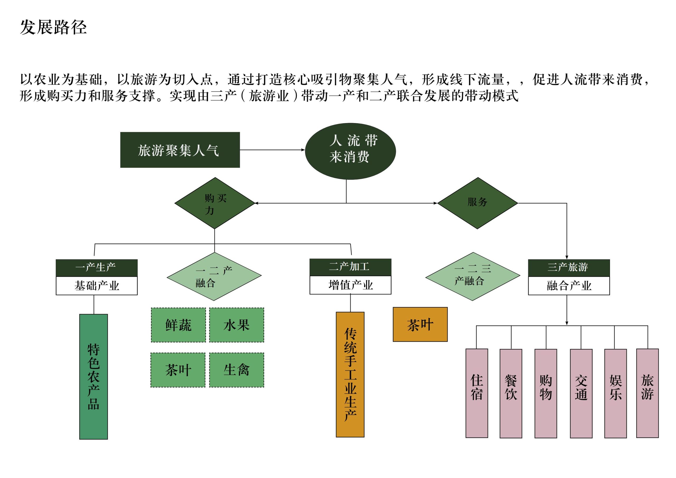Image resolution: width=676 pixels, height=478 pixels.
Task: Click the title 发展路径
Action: pyautogui.click(x=53, y=27)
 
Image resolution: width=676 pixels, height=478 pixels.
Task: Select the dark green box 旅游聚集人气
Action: pyautogui.click(x=180, y=150)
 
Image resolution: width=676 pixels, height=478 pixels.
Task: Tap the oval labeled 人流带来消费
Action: pyautogui.click(x=350, y=151)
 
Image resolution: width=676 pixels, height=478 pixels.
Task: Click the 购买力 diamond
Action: pyautogui.click(x=215, y=203)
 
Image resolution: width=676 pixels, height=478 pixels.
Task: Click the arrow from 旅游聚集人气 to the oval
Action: pyautogui.click(x=272, y=150)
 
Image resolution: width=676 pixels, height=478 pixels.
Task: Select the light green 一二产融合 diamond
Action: pyautogui.click(x=214, y=276)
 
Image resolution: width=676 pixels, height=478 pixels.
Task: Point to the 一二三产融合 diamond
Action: pyautogui.click(x=473, y=276)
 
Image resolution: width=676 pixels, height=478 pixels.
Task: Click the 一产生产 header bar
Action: pyautogui.click(x=97, y=268)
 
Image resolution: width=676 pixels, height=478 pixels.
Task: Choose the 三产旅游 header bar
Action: pyautogui.click(x=569, y=268)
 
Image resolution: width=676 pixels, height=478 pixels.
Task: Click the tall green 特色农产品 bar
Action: pyautogui.click(x=94, y=377)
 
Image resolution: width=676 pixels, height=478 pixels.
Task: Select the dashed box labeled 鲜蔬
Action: pyautogui.click(x=179, y=325)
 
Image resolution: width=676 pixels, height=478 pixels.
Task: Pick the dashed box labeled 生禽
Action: pyautogui.click(x=236, y=370)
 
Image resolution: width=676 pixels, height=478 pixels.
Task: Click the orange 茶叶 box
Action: pyautogui.click(x=420, y=325)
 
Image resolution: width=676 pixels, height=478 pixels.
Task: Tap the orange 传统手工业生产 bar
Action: pyautogui.click(x=350, y=375)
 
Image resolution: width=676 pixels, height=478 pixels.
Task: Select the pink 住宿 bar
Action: pyautogui.click(x=477, y=393)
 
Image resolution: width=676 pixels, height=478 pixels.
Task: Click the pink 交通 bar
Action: pyautogui.click(x=581, y=393)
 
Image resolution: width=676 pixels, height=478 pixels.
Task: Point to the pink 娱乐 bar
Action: pyautogui.click(x=615, y=393)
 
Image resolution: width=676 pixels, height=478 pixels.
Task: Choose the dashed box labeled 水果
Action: pyautogui.click(x=236, y=325)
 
